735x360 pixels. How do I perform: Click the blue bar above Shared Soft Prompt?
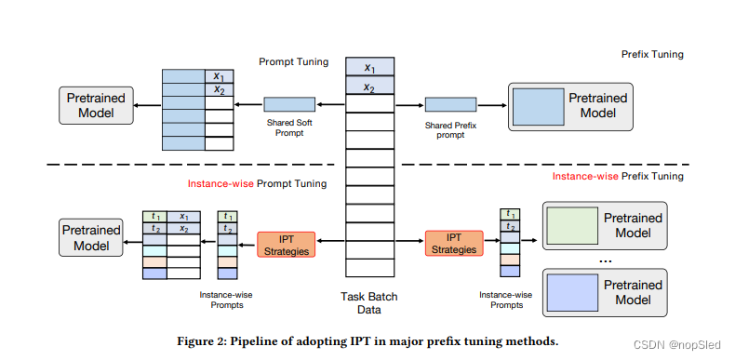(x=289, y=104)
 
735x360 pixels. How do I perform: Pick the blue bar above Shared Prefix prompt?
(x=450, y=104)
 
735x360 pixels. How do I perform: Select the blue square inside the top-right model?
(x=537, y=106)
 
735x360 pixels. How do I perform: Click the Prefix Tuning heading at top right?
(x=652, y=55)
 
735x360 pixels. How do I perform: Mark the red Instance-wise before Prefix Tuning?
(x=585, y=176)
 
